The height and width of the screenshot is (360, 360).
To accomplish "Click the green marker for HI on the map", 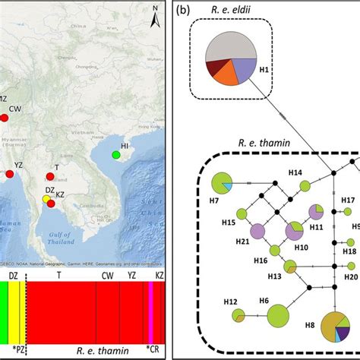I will (115, 155).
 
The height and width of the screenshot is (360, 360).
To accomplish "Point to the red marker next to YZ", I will (10, 175).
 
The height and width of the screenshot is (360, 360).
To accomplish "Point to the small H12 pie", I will (238, 315).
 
